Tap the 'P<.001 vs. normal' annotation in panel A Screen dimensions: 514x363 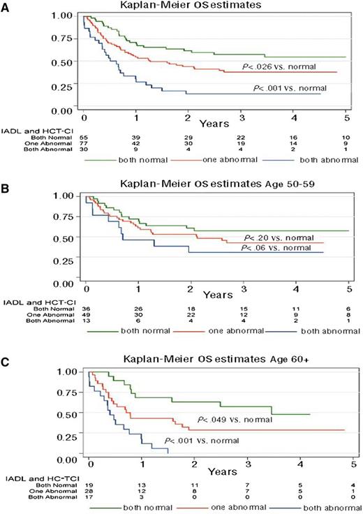pyautogui.click(x=286, y=89)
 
